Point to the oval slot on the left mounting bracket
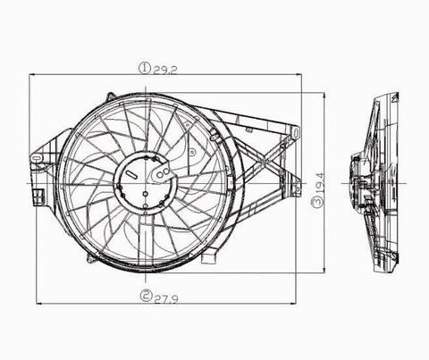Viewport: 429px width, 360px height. pos(37,158)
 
